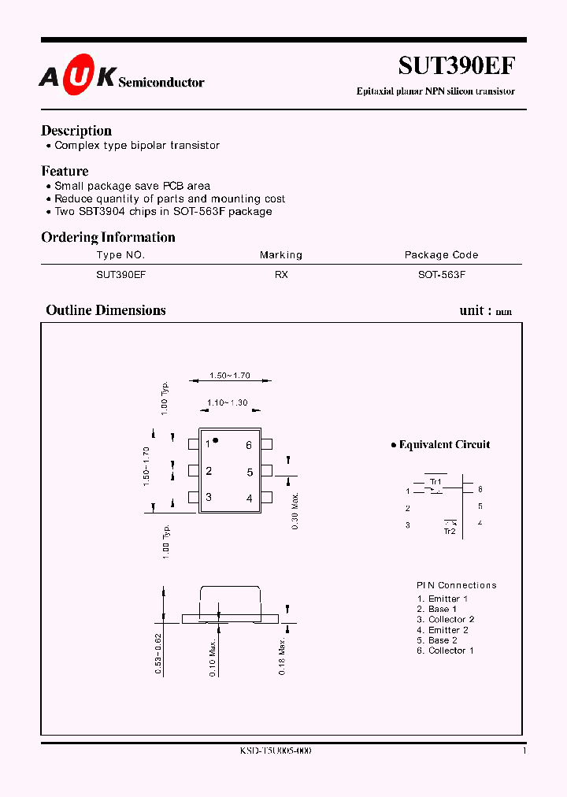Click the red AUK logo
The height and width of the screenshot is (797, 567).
78,77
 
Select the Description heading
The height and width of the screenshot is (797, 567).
76,131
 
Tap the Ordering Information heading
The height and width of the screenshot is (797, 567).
108,237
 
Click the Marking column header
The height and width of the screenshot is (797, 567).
281,255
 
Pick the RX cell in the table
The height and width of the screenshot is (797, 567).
281,275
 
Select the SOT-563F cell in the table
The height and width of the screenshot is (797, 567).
441,275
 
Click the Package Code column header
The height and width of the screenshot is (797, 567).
441,255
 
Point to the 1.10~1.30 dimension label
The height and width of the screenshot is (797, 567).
228,402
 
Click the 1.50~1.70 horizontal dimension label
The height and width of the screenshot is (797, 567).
230,376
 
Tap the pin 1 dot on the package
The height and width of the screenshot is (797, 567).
217,440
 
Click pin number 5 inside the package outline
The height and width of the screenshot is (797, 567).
250,473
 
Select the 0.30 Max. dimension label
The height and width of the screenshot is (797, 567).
295,510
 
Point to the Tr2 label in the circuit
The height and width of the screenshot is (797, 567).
450,532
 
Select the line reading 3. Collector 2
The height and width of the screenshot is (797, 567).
446,620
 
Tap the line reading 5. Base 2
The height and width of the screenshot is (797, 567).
437,640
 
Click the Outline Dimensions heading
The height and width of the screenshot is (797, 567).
106,310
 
